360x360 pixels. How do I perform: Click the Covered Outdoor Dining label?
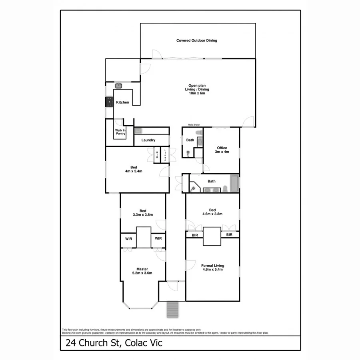click(197, 40)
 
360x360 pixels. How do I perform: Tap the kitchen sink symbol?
click(118, 85)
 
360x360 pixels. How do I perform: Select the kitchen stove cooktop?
click(109, 102)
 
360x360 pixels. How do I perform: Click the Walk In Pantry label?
click(120, 132)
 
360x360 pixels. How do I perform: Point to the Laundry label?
click(148, 140)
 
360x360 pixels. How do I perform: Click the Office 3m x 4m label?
click(222, 150)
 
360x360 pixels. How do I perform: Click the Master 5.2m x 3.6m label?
click(142, 271)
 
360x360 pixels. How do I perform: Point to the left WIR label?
click(129, 238)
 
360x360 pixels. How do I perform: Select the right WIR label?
click(158, 238)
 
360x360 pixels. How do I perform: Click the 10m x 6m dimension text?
click(196, 93)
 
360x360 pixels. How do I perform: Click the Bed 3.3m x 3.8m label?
click(143, 213)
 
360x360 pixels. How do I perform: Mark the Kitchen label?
click(122, 102)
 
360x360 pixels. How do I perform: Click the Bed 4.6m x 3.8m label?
click(212, 212)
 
